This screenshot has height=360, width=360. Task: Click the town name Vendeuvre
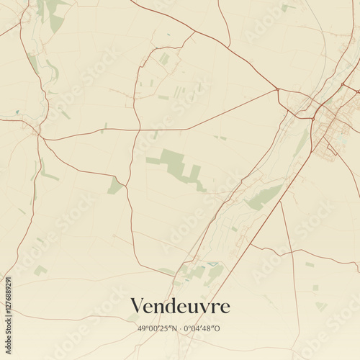click(180, 307)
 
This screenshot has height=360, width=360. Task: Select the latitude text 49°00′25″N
click(158, 328)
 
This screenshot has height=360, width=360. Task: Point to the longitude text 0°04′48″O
click(203, 328)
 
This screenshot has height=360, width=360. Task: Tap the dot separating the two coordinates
click(181, 328)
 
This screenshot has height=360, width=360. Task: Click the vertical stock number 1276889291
click(8, 303)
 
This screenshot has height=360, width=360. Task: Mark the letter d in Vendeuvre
click(170, 307)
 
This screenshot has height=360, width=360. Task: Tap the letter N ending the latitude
click(174, 328)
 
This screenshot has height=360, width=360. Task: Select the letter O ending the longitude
click(217, 328)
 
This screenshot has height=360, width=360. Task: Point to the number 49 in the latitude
click(142, 328)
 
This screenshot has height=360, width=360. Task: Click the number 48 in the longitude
click(207, 328)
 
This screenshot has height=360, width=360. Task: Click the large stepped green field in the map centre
click(176, 166)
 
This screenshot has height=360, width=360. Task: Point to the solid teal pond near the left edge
click(17, 112)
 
